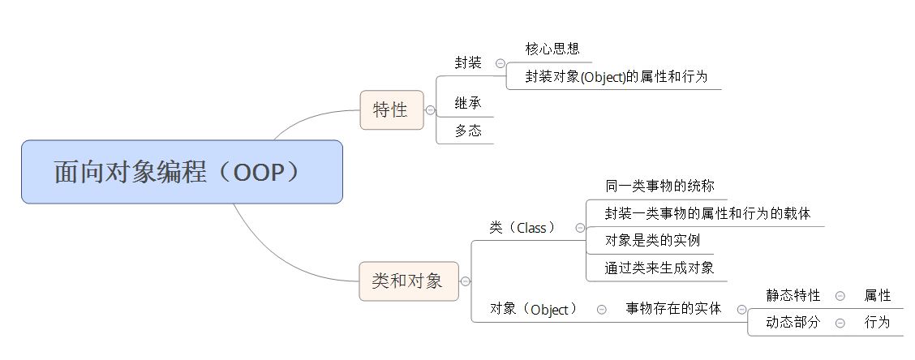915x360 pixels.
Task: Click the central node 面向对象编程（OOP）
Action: [182, 172]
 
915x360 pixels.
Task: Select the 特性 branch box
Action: [391, 109]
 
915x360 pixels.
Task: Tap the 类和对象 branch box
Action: [408, 281]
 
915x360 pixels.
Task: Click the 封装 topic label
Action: [468, 62]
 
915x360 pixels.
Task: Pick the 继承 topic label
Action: [468, 104]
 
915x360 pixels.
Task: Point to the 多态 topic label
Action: [468, 131]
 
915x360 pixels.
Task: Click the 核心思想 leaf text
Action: [552, 49]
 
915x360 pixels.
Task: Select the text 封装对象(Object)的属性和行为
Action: [616, 77]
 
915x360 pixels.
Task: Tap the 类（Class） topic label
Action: [523, 228]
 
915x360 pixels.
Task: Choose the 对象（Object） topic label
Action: [535, 309]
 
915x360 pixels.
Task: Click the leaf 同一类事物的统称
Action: [659, 186]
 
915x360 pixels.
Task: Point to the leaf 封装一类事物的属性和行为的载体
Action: [707, 213]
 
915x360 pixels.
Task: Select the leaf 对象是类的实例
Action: [652, 240]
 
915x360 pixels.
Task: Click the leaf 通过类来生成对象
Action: [659, 268]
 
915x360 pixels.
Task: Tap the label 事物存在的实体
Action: [673, 309]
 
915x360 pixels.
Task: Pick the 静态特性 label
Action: [793, 295]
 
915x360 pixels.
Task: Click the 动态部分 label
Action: [793, 323]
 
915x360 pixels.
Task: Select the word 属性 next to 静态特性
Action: [878, 295]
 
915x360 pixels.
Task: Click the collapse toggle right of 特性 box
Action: [430, 110]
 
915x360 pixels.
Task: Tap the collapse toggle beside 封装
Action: [500, 63]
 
